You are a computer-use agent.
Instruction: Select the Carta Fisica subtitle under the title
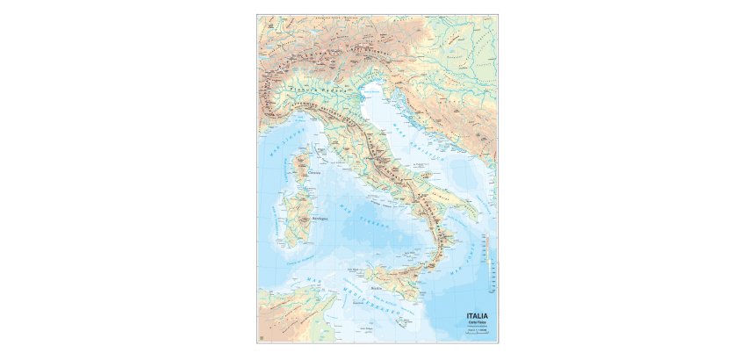pos(477,323)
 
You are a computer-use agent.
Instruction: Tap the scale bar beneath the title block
pos(477,334)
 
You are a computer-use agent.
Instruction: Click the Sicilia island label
pos(377,286)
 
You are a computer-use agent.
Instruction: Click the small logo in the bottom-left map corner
pos(262,339)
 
